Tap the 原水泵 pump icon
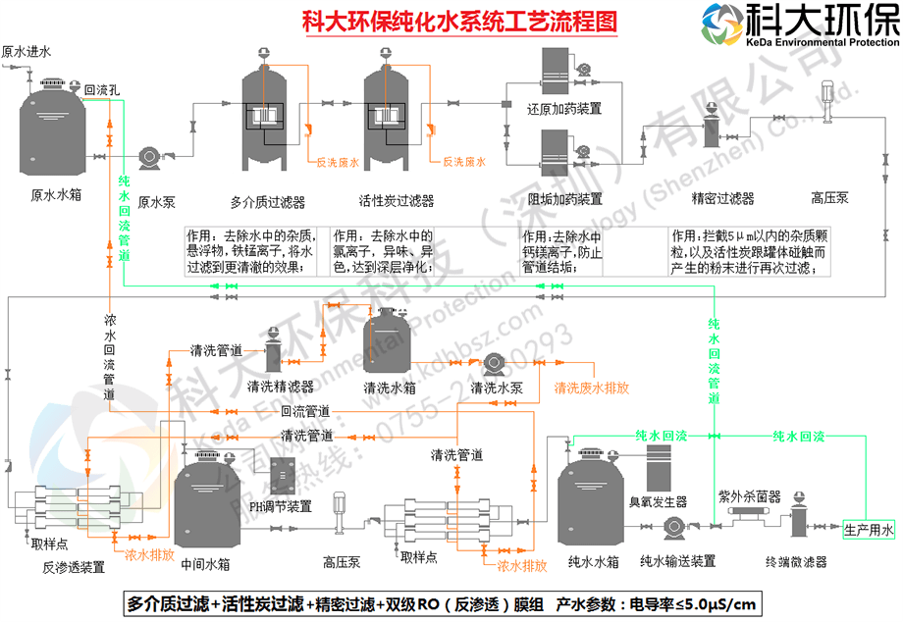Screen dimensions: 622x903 pos(152,157)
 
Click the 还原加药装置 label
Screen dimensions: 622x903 pos(564,108)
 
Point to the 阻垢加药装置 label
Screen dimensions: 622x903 pos(564,199)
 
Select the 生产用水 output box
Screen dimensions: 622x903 pos(870,531)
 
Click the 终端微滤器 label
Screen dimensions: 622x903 pos(796,562)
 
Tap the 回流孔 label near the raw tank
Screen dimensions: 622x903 pos(102,88)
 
